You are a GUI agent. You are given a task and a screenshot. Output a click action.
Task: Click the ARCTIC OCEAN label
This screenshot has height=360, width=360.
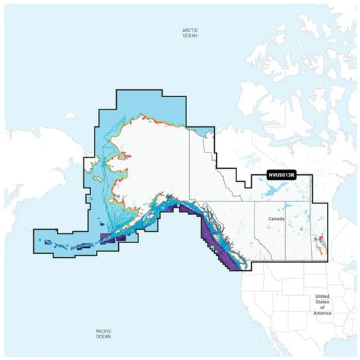pyautogui.click(x=191, y=33)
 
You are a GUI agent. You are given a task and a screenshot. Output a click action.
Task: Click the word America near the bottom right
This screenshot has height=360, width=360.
pyautogui.click(x=322, y=312)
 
